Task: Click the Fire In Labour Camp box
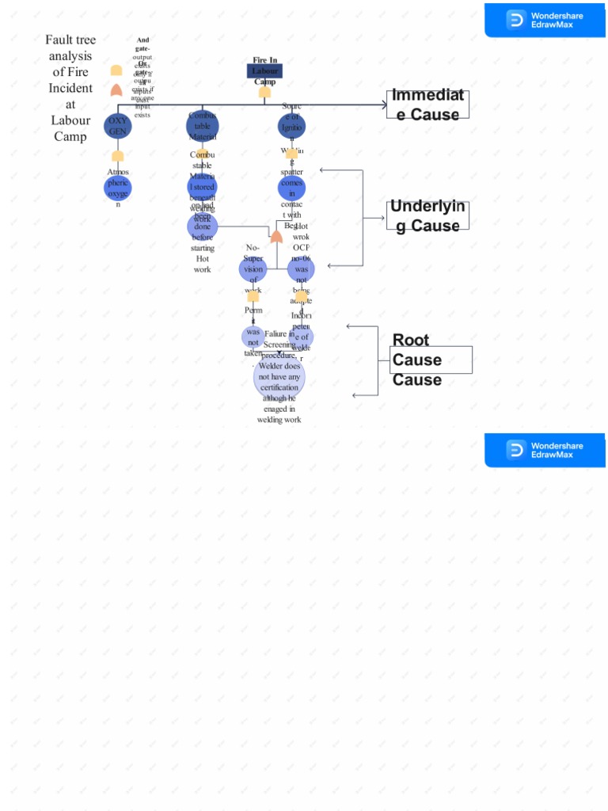(x=264, y=70)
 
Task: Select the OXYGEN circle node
(x=117, y=126)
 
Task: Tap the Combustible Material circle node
(x=203, y=126)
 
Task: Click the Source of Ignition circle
(x=291, y=126)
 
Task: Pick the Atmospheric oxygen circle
(x=118, y=188)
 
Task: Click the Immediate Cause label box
(x=428, y=105)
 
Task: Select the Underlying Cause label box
(x=428, y=215)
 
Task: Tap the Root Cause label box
(x=432, y=360)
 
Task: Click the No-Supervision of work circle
(x=253, y=269)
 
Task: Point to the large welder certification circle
(x=279, y=377)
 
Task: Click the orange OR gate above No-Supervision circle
(x=276, y=236)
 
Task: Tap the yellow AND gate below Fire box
(x=264, y=93)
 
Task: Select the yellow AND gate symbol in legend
(x=116, y=70)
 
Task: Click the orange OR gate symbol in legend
(x=116, y=89)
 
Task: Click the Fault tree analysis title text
(x=70, y=88)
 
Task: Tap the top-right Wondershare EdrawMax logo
(x=545, y=20)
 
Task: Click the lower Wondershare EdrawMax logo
(x=545, y=450)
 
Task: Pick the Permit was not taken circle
(x=253, y=337)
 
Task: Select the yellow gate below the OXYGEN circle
(x=117, y=156)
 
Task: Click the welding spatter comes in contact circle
(x=291, y=188)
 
